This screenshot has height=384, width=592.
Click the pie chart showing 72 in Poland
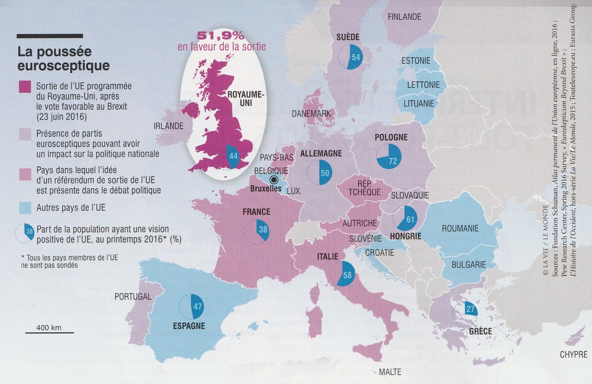[389, 156]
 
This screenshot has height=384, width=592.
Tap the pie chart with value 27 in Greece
[465, 313]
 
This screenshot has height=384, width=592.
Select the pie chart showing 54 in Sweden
[350, 57]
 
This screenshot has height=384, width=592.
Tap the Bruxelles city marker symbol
[274, 180]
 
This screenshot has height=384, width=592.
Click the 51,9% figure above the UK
[221, 36]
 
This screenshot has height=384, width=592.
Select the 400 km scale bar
[49, 333]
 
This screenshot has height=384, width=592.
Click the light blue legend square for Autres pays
[25, 208]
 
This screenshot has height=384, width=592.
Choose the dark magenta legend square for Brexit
[25, 87]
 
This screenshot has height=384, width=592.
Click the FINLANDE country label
[404, 17]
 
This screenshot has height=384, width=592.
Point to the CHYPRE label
[573, 354]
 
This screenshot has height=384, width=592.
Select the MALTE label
[390, 371]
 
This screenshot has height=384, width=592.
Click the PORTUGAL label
[133, 297]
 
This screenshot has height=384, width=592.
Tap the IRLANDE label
[168, 126]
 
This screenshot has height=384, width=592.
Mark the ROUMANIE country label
[460, 228]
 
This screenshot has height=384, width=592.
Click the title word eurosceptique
[64, 66]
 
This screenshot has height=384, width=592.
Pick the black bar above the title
[50, 36]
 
